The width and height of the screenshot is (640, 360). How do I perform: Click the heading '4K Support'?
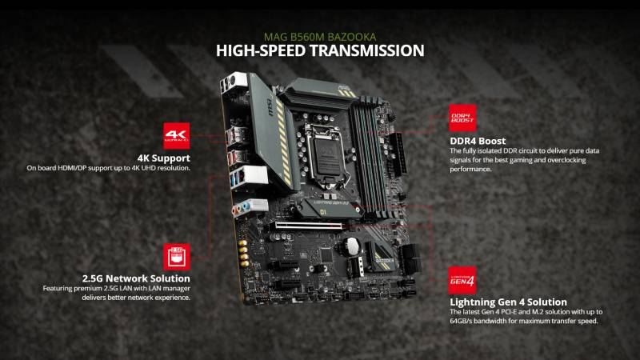click(x=165, y=158)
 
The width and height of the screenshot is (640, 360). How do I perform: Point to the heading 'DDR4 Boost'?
click(x=478, y=142)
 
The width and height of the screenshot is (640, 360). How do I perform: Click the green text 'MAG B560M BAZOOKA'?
click(x=319, y=37)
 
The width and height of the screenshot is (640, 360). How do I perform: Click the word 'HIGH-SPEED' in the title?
click(x=255, y=51)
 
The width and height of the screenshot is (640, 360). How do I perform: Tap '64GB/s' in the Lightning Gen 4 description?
click(x=466, y=321)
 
